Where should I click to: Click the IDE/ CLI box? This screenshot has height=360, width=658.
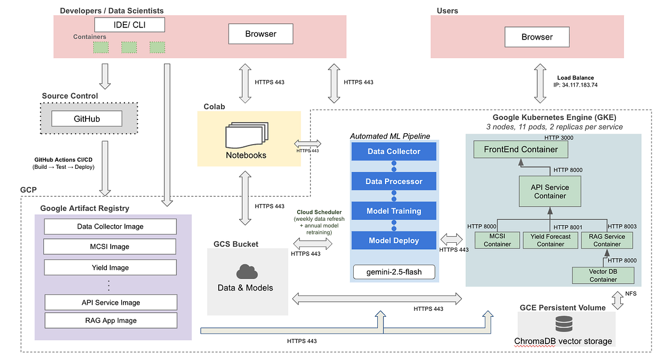pos(129,25)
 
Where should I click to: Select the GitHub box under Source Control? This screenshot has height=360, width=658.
pos(87,118)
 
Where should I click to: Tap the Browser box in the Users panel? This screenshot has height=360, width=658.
pos(537,37)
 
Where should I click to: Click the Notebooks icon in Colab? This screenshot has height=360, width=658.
pos(247,135)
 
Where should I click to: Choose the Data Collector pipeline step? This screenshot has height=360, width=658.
pos(394,152)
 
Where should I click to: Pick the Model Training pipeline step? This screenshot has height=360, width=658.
pos(394,211)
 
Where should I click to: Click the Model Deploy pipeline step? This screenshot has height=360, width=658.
pos(394,241)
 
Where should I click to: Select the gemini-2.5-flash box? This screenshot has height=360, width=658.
pos(394,272)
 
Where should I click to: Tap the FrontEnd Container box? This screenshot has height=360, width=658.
pos(521,150)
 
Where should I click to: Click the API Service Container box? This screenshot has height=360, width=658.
pos(550,191)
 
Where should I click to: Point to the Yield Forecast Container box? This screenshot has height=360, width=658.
pos(551,240)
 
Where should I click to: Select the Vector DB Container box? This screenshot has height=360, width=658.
pos(603,276)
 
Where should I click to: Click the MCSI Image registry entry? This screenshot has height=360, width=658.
pos(110,247)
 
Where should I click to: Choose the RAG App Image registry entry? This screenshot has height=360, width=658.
pos(111,321)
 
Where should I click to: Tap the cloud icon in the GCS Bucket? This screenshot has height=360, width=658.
pos(247,271)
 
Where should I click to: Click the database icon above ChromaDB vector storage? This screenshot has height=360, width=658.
pos(564,324)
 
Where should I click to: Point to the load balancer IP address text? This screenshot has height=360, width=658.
pos(575,85)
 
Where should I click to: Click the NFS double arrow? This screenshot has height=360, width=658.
pos(617,300)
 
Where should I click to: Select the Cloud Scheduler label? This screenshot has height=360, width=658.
pos(319,212)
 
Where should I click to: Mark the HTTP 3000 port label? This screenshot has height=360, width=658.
pos(559,138)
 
